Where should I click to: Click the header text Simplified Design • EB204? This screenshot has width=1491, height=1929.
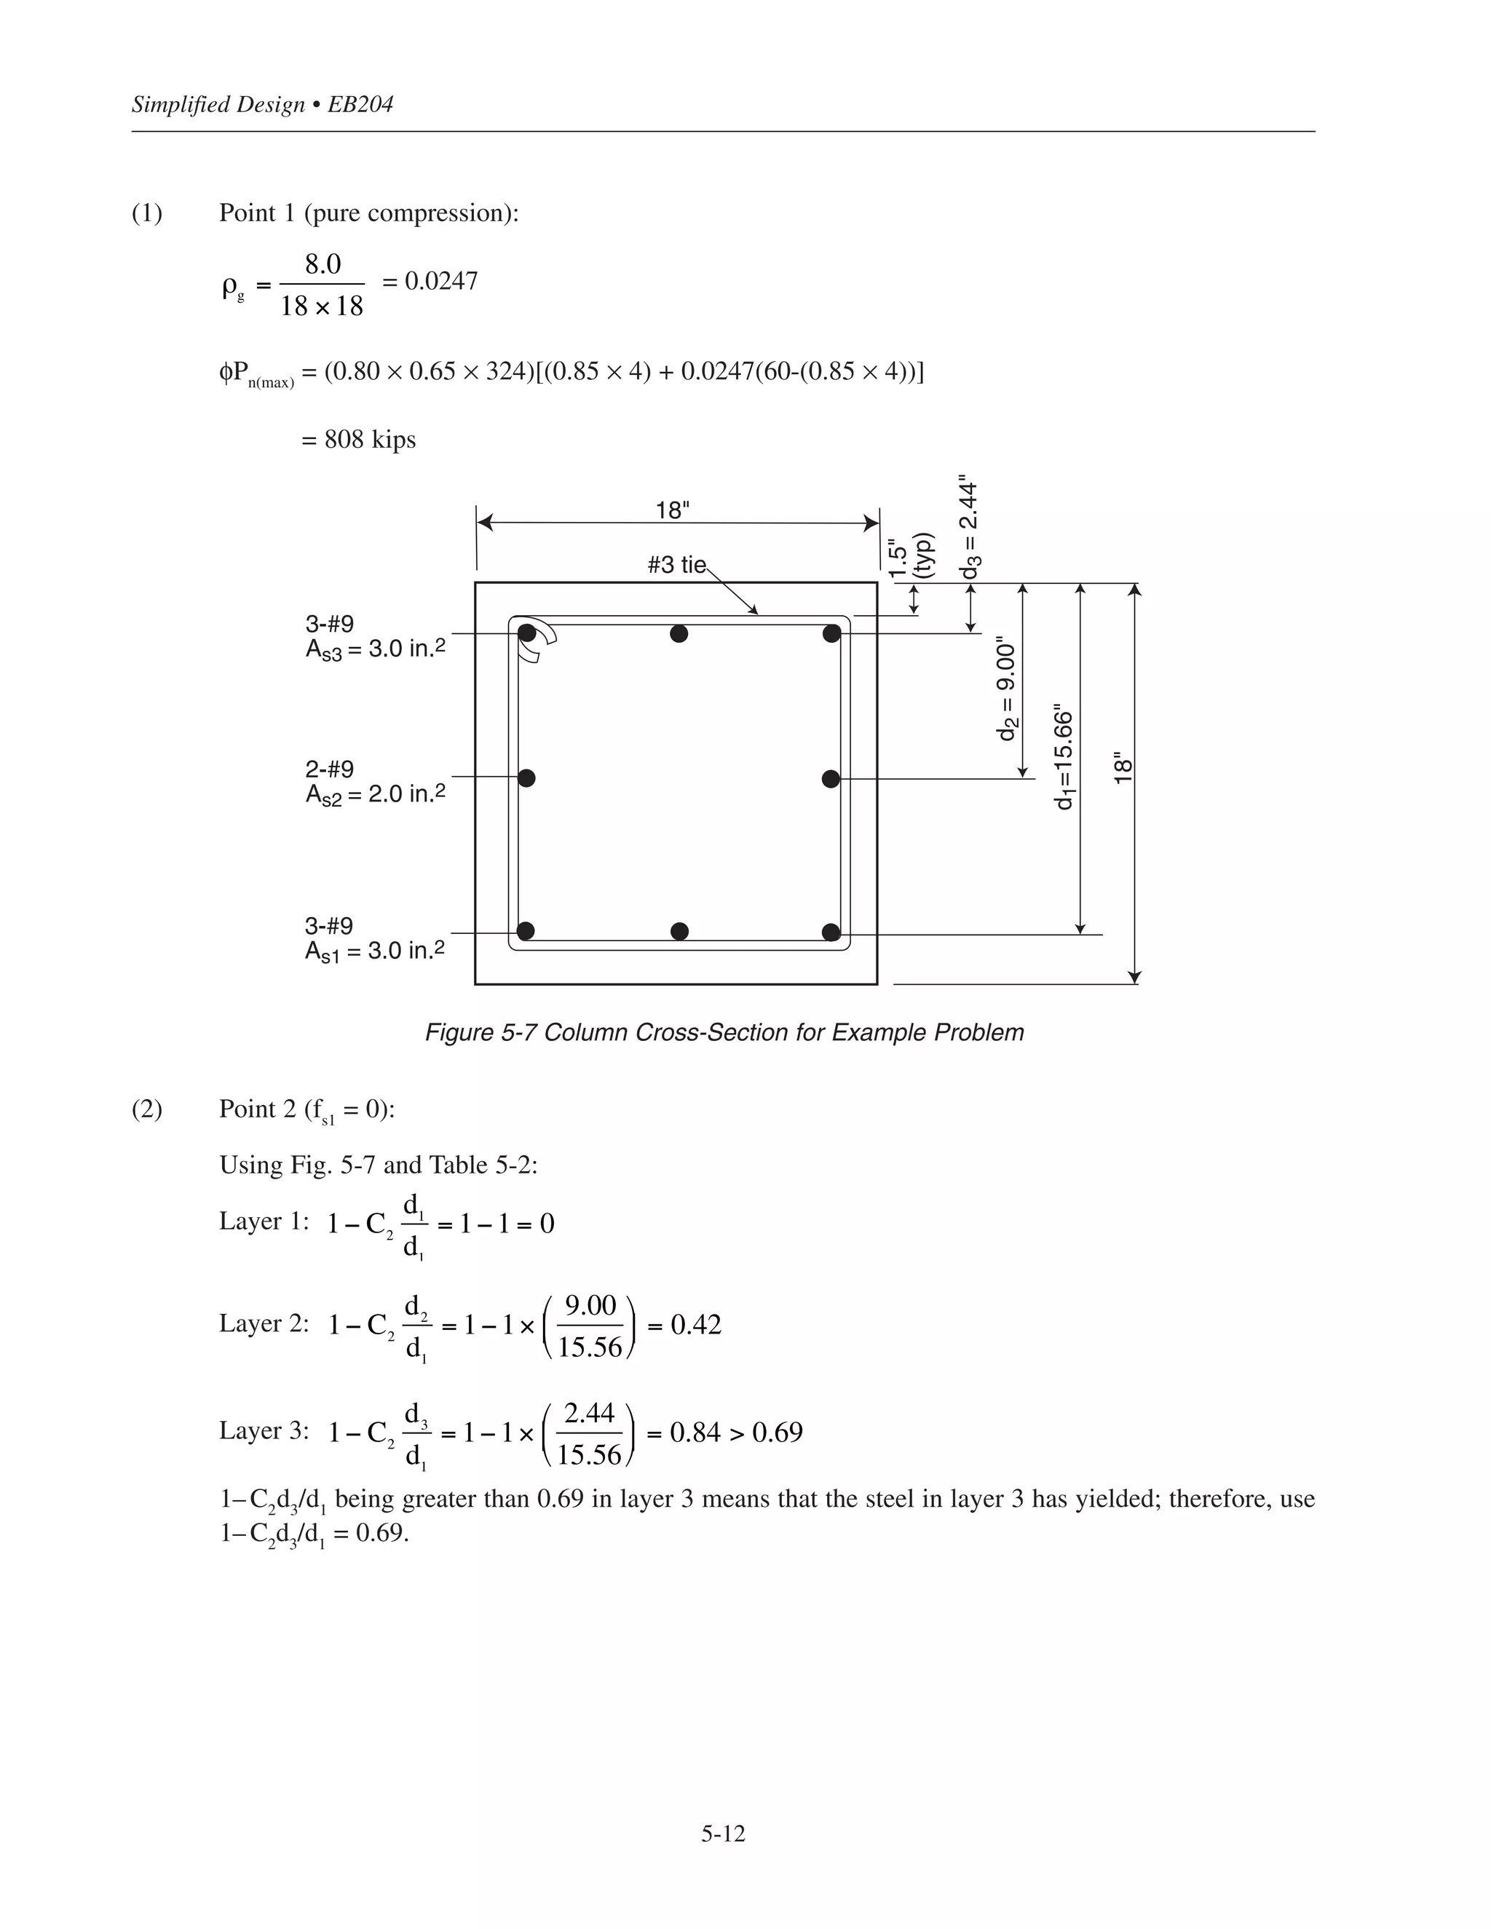pos(261,105)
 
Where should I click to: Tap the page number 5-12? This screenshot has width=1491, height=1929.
pos(724,1834)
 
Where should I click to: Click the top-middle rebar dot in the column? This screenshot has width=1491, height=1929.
pos(679,633)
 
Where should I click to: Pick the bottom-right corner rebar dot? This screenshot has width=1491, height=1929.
pos(830,932)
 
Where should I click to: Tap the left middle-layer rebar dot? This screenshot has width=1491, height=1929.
pos(526,778)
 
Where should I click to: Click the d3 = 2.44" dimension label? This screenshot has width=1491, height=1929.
pos(970,527)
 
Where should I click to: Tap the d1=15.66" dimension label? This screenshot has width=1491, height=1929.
pos(1065,757)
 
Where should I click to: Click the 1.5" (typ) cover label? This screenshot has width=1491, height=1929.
pos(910,556)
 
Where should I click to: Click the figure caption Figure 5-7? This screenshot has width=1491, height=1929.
pos(724,1032)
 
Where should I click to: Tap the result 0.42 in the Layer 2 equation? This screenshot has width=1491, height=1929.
pos(696,1325)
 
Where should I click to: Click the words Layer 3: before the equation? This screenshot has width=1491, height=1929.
pos(264,1431)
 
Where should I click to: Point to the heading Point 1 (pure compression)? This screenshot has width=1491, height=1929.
pos(368,213)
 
